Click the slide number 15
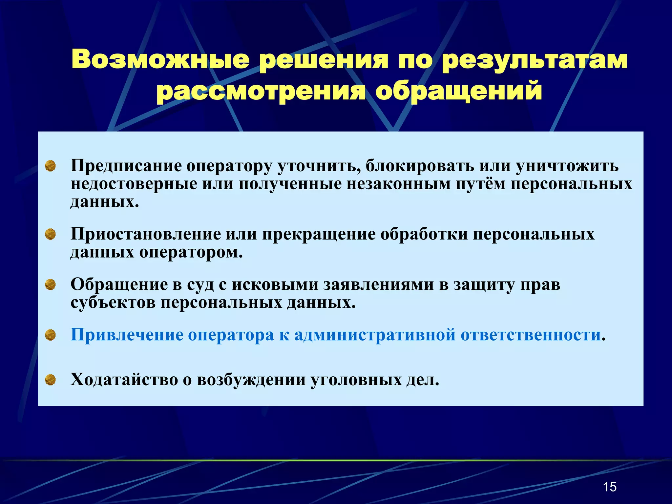[x=610, y=487]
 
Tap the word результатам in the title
[x=535, y=60]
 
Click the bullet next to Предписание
[x=50, y=166]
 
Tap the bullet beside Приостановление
[x=50, y=234]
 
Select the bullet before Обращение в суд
[x=50, y=284]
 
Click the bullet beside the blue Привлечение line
[x=50, y=335]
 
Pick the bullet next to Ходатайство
[x=50, y=380]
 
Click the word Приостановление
[x=146, y=234]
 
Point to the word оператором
[x=191, y=252]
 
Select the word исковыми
[x=275, y=284]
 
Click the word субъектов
[x=113, y=303]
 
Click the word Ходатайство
[x=124, y=380]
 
